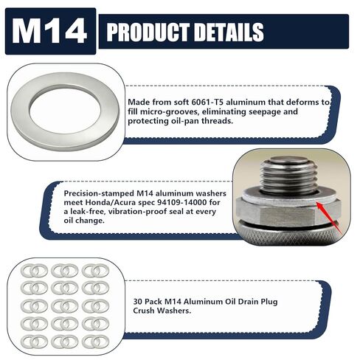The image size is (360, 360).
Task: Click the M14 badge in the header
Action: coord(50,31)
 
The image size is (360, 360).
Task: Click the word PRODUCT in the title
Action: coord(148,32)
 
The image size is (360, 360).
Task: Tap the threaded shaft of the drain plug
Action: coord(288,176)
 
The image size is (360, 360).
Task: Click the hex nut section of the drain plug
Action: coord(288,212)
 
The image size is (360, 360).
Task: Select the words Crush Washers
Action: coord(162,311)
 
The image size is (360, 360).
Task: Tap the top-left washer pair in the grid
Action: coord(34,271)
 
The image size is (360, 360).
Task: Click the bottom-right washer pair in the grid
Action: coord(95,342)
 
